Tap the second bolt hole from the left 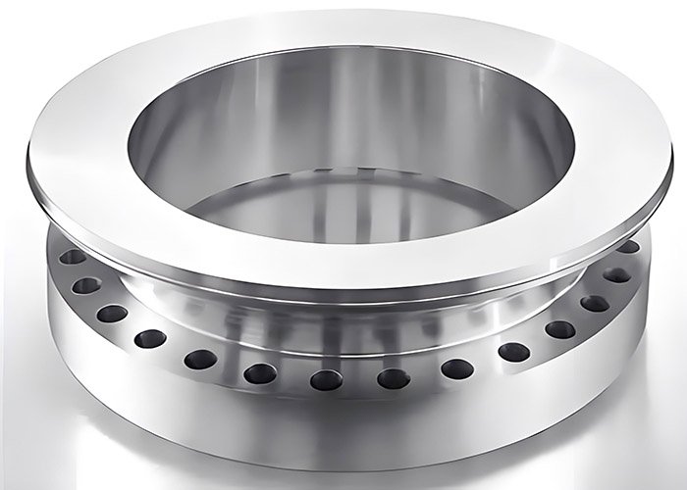86,285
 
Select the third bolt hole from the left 112,314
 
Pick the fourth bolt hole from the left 150,339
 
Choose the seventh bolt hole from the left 325,378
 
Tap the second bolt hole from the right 617,275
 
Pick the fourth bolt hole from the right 558,329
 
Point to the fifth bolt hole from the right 512,351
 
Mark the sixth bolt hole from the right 455,368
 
